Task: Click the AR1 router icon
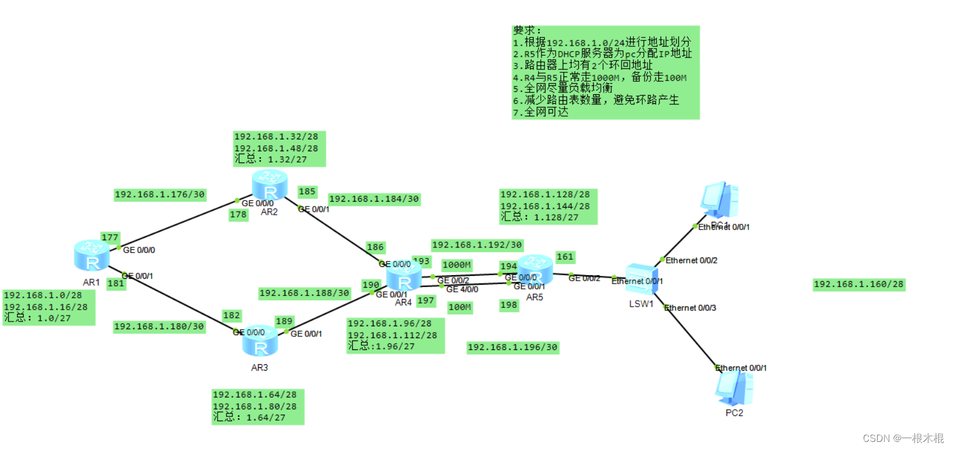tap(92, 256)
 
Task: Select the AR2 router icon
tap(270, 185)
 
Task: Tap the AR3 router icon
tap(260, 342)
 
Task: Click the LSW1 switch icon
tap(642, 279)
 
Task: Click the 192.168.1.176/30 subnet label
tap(160, 195)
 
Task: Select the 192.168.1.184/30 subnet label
tap(374, 199)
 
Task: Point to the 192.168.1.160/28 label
tap(858, 285)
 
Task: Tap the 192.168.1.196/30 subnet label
tap(512, 348)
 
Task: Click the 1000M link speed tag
tap(457, 265)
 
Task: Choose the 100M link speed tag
tap(460, 307)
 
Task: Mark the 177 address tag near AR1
tap(110, 238)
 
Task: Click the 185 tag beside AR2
tap(307, 192)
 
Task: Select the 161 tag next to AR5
tap(565, 257)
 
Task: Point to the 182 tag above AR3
tap(231, 316)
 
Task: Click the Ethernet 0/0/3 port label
tap(690, 308)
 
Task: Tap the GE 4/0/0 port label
tap(462, 289)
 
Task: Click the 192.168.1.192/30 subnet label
tap(477, 245)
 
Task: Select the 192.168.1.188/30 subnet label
tap(304, 293)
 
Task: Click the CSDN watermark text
tap(903, 438)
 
